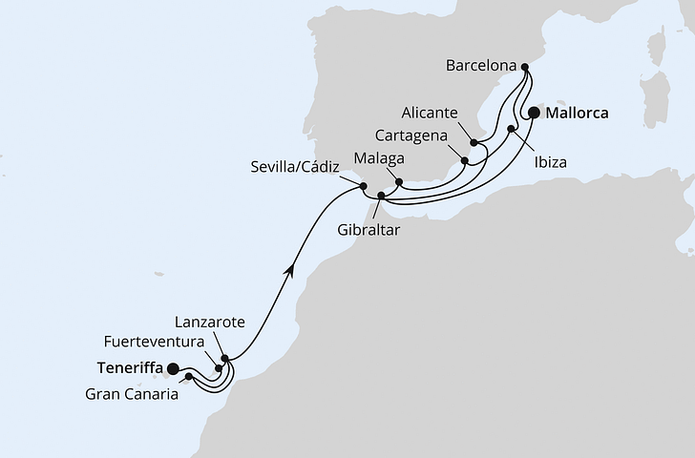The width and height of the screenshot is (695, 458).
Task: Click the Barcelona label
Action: pyautogui.click(x=482, y=67)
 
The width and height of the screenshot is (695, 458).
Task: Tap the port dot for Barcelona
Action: pyautogui.click(x=525, y=67)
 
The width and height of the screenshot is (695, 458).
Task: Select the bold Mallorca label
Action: pyautogui.click(x=577, y=113)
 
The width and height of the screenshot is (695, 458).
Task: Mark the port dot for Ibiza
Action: pyautogui.click(x=512, y=128)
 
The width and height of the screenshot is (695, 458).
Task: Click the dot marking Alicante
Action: pyautogui.click(x=474, y=143)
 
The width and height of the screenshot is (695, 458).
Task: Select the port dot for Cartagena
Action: pyautogui.click(x=465, y=160)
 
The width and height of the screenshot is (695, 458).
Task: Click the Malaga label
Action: pyautogui.click(x=379, y=157)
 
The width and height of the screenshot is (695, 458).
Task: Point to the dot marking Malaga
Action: pyautogui.click(x=399, y=182)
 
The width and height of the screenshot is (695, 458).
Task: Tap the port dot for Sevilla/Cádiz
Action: pyautogui.click(x=363, y=186)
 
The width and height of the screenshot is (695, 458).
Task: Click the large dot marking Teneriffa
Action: pyautogui.click(x=173, y=368)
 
